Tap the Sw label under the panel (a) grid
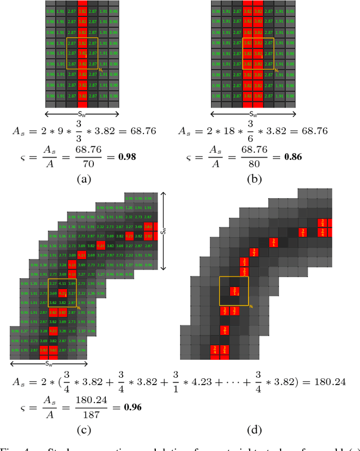(x=82, y=113)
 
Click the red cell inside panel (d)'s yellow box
(x=233, y=292)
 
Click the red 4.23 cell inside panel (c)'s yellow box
(x=62, y=293)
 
